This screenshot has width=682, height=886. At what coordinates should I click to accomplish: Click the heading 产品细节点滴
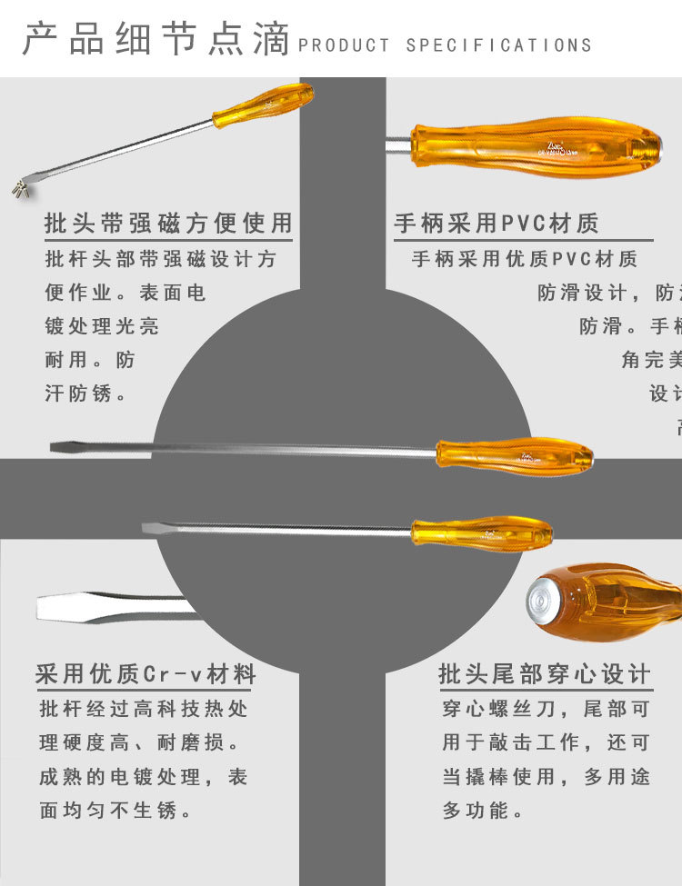(155, 40)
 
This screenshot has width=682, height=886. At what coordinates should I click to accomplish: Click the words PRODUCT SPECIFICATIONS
(445, 45)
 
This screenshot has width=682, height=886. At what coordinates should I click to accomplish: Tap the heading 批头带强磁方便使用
(168, 223)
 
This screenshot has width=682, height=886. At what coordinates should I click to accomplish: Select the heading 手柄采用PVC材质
(496, 224)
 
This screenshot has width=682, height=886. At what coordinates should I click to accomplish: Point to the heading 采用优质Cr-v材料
(145, 674)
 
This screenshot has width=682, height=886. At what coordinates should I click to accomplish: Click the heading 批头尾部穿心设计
(545, 674)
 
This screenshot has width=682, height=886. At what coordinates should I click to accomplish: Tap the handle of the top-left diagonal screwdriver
(265, 104)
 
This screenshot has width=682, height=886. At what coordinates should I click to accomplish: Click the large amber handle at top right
(537, 147)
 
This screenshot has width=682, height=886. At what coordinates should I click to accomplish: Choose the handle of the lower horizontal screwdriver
(482, 533)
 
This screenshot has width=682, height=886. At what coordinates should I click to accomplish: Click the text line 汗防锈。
(85, 394)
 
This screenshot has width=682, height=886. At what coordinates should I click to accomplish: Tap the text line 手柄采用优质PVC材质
(525, 259)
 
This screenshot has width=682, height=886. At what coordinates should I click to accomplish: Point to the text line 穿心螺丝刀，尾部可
(546, 708)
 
